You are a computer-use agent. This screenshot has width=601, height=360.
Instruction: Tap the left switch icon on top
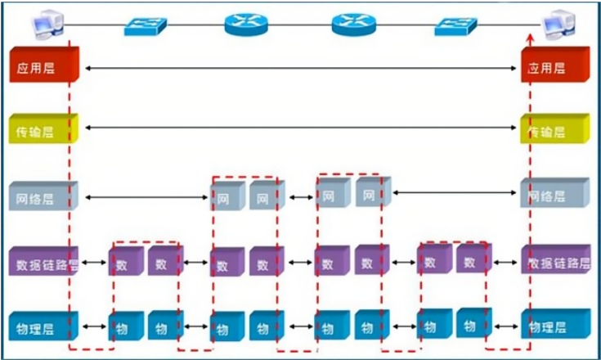[146, 25]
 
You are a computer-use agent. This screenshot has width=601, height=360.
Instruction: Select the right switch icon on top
[455, 25]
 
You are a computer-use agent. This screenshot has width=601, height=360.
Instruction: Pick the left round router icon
[246, 23]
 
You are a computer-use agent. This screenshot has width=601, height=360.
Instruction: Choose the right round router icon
[354, 23]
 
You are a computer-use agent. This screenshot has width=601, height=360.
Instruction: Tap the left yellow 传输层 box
[43, 131]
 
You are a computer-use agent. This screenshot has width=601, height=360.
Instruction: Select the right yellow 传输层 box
[554, 130]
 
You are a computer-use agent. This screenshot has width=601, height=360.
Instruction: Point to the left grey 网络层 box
[43, 197]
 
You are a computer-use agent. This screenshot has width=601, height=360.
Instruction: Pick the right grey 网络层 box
[554, 196]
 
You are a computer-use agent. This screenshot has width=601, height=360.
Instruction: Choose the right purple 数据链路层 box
[554, 263]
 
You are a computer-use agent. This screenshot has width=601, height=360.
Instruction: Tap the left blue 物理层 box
[43, 328]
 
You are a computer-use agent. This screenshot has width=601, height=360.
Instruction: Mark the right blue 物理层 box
[554, 326]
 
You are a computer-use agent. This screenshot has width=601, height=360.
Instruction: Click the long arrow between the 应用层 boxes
[300, 69]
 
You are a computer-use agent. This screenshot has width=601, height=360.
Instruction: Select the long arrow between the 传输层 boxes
[300, 128]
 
